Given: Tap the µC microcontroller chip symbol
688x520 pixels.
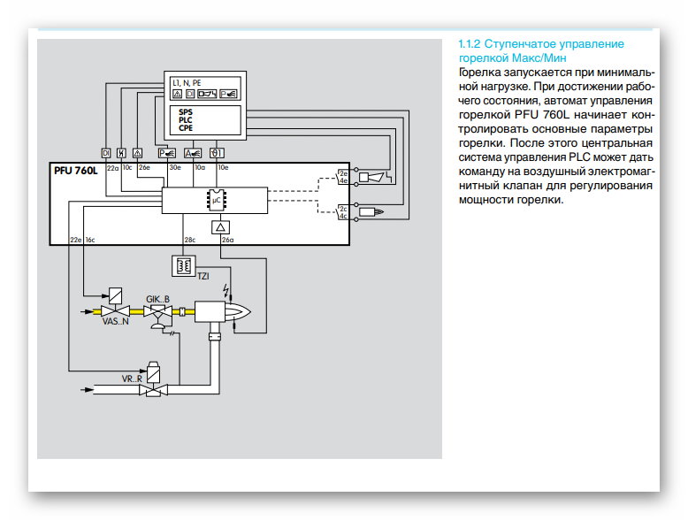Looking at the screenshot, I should [214, 200].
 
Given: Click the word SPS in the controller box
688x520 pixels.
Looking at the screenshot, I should [185, 112].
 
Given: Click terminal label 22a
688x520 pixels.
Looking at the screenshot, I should [112, 167].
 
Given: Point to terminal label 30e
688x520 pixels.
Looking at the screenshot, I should [175, 167].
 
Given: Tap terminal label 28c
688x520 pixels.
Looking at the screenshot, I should [189, 240].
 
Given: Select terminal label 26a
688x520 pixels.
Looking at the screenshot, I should [227, 240].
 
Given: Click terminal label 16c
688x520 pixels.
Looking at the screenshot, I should [90, 240].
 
